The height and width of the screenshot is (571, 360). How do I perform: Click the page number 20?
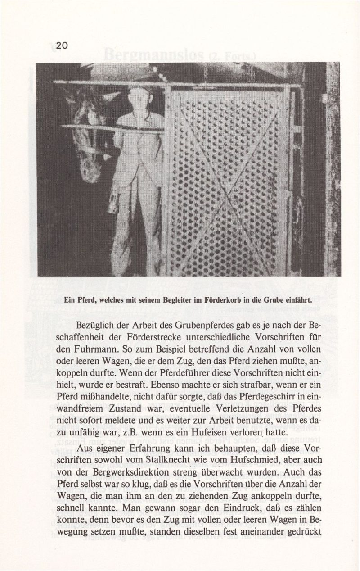coord(62,45)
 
